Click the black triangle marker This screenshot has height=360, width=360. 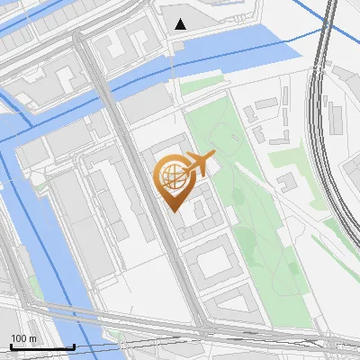click(181, 24)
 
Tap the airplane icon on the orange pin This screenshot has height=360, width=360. click(200, 162)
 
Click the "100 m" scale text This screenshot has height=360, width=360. click(23, 338)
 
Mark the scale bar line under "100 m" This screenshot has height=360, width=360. click(42, 346)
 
